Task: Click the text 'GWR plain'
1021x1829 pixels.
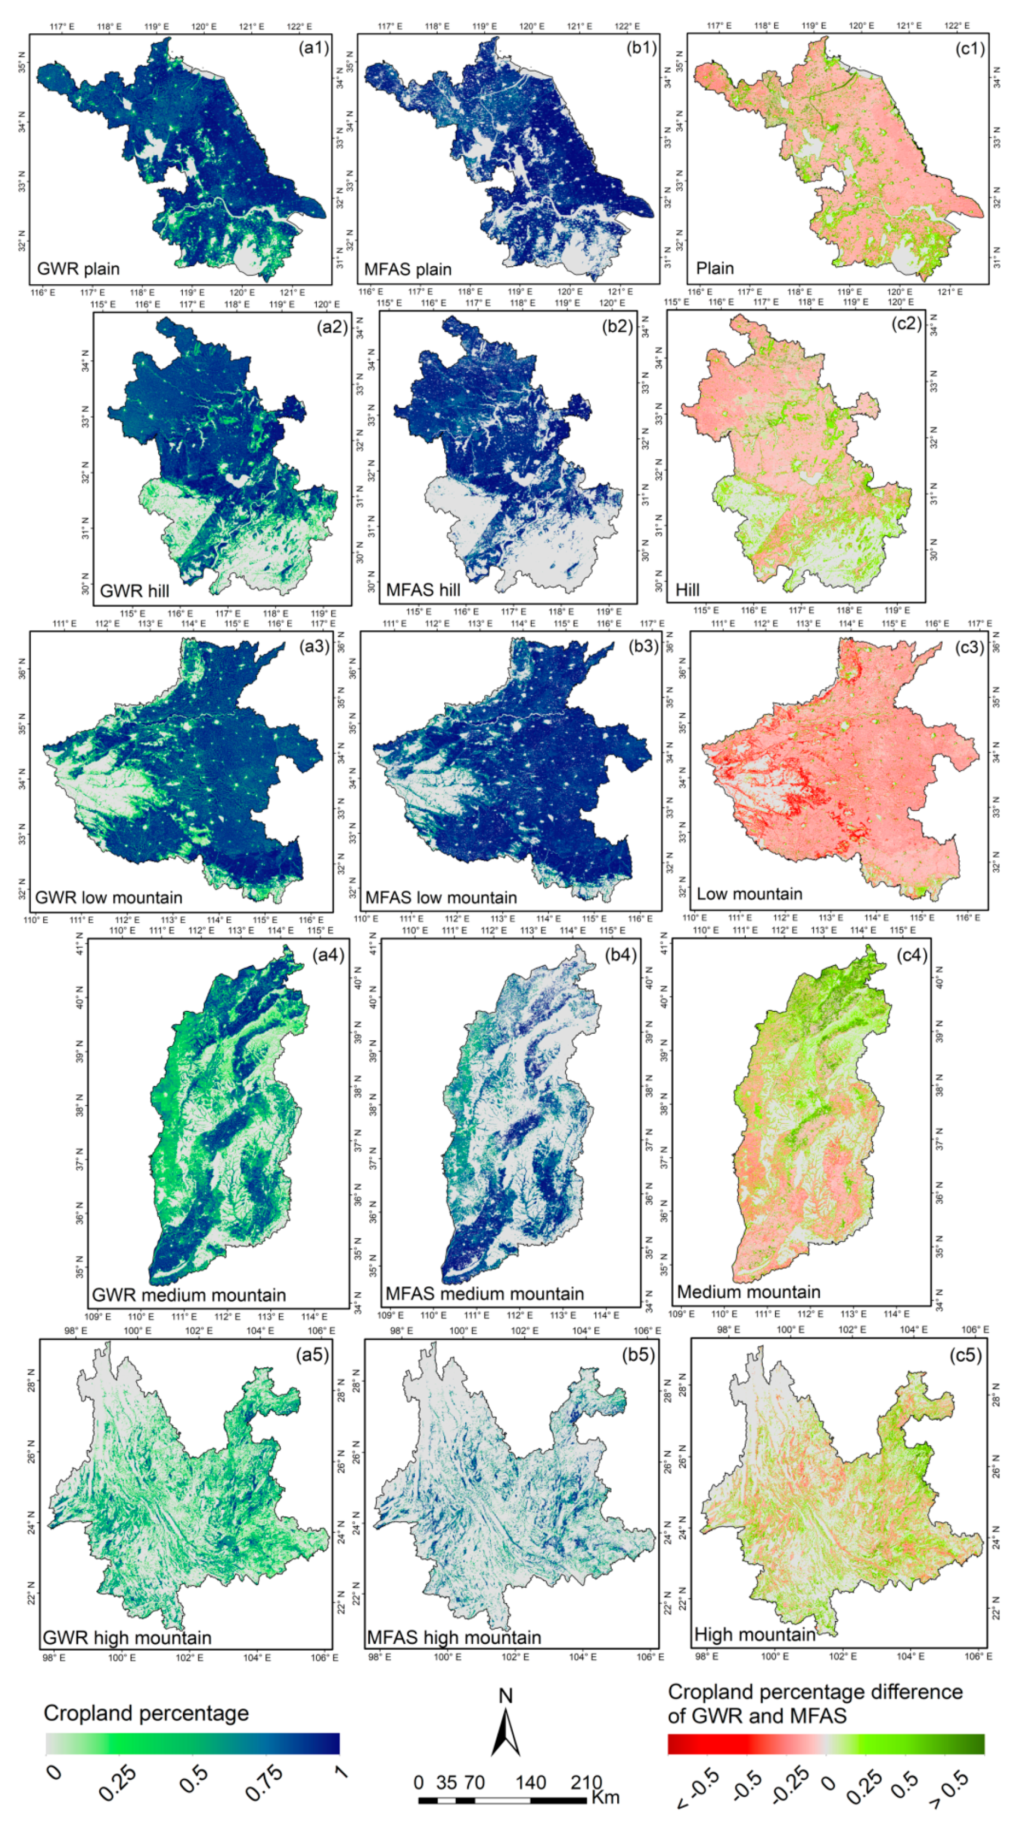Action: point(78,269)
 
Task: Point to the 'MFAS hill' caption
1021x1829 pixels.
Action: point(423,590)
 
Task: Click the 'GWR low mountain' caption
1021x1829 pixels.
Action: point(109,898)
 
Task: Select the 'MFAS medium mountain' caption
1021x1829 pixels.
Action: point(485,1294)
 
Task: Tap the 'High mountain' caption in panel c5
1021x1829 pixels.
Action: point(754,1634)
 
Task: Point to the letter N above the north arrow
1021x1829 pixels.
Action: point(505,1696)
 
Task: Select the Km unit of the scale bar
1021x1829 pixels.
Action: point(605,1797)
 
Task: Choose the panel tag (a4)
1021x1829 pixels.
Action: point(328,955)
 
